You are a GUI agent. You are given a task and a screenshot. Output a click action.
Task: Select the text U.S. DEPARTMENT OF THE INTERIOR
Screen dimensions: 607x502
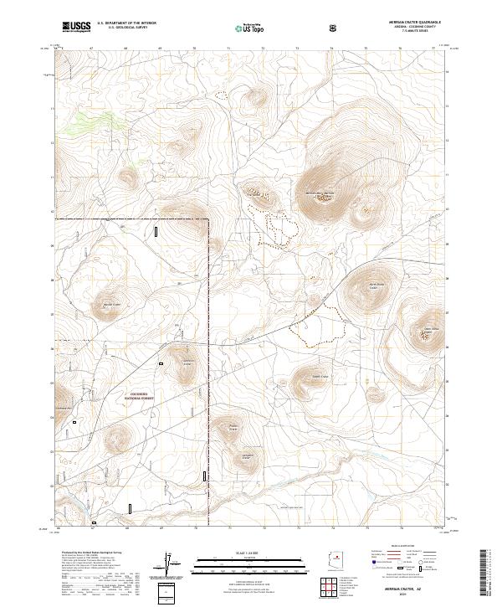[126, 23]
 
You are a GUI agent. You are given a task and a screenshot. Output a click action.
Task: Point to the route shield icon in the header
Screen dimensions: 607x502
[335, 28]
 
